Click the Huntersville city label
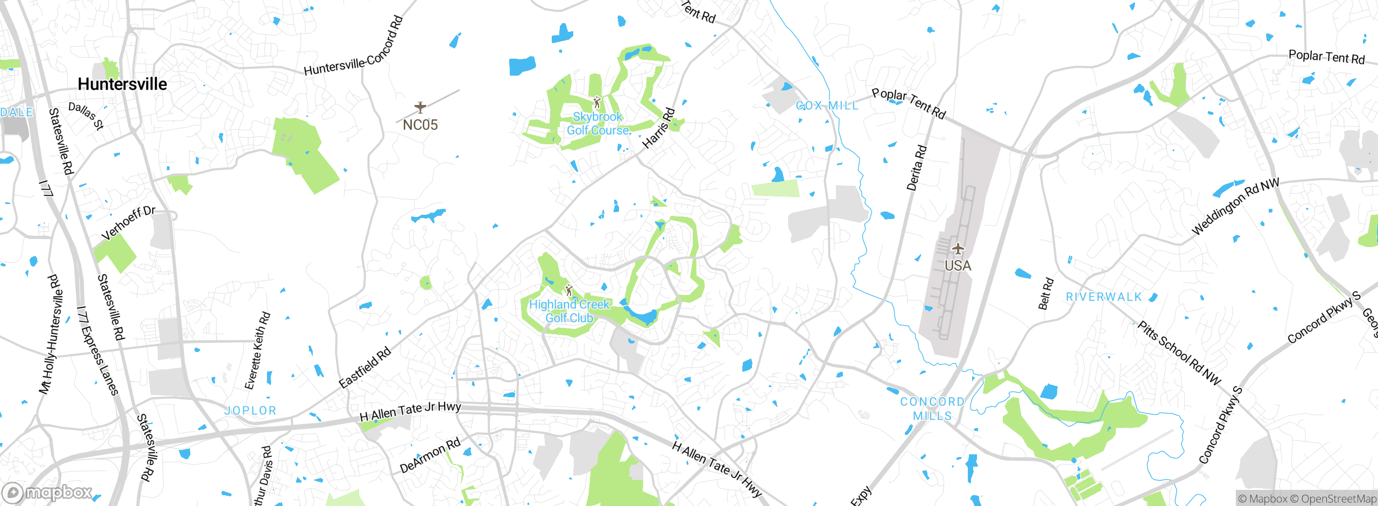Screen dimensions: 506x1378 (x=122, y=84)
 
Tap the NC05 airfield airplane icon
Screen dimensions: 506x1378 (x=420, y=107)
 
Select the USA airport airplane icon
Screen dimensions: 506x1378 (x=958, y=249)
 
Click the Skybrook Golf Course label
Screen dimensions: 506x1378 (x=598, y=124)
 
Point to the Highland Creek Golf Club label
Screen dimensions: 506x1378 (x=569, y=311)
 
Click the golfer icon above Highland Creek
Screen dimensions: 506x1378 (x=569, y=291)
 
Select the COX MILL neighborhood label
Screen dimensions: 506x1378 (x=827, y=106)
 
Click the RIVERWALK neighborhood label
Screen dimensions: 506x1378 (x=1103, y=297)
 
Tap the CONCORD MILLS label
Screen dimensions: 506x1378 (x=932, y=409)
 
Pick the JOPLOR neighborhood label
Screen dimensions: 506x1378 (x=250, y=411)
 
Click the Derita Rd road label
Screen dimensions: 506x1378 (x=917, y=167)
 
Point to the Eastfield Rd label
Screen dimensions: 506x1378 (x=364, y=368)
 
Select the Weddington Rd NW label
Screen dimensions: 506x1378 (x=1235, y=207)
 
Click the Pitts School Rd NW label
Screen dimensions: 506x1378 (x=1179, y=353)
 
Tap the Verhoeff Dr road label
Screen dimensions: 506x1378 (x=128, y=223)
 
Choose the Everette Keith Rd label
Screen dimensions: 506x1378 (x=257, y=350)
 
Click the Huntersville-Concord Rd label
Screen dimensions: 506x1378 (x=354, y=47)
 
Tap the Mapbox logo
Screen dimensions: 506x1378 (x=47, y=492)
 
